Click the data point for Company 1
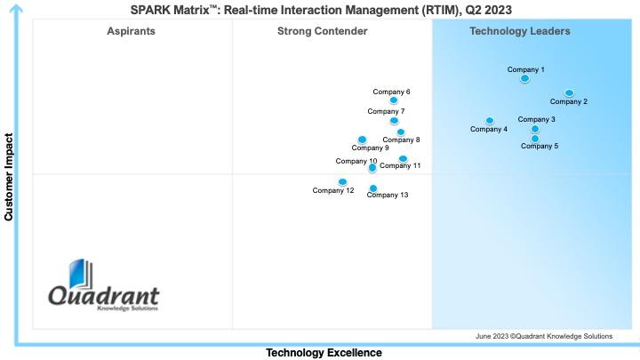[x=524, y=78]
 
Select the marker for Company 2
[x=569, y=92]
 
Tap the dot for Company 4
[x=490, y=120]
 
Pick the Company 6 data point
[x=394, y=100]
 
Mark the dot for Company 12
[x=342, y=181]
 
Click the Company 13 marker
[x=373, y=188]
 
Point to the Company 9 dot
[x=362, y=139]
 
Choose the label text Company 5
[x=540, y=146]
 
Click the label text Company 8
[x=401, y=140]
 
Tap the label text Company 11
[x=400, y=165]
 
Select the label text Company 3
[x=537, y=119]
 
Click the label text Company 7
[x=386, y=111]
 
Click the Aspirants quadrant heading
[x=131, y=31]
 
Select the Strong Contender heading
[x=322, y=31]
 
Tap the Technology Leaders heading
[x=520, y=31]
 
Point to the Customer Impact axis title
[x=9, y=177]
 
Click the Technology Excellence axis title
[x=324, y=353]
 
